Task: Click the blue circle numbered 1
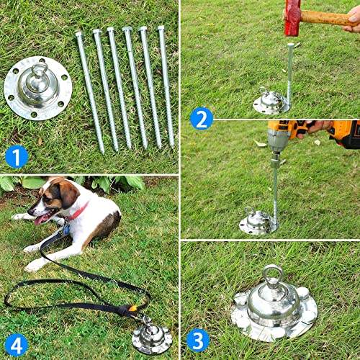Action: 15,156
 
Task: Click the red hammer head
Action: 292,16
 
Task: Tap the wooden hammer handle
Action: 328,18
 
